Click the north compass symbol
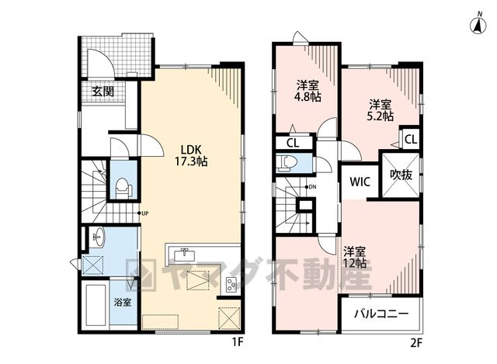478,24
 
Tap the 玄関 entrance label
103,92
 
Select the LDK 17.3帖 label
191,155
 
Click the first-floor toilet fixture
123,189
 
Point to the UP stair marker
143,213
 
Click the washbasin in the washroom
98,237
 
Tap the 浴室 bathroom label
123,302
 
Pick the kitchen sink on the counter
185,254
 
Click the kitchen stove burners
231,285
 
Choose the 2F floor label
416,343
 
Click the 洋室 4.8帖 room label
308,91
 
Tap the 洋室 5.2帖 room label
380,110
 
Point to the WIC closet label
360,182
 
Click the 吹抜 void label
401,175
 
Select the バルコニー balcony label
381,314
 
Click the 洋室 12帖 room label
355,257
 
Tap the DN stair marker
311,187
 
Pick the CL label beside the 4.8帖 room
293,143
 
